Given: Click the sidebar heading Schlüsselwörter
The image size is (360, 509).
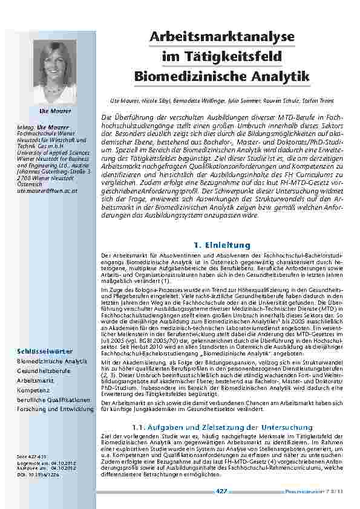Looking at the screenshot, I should click(45, 351).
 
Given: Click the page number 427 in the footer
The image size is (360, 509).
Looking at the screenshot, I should click(221, 491).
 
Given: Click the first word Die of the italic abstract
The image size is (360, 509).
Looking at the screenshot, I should click(106, 115).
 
